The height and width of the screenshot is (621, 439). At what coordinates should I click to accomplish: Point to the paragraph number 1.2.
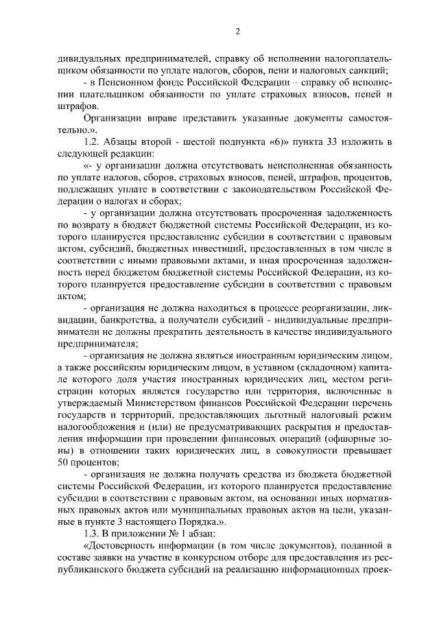pyautogui.click(x=91, y=141)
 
